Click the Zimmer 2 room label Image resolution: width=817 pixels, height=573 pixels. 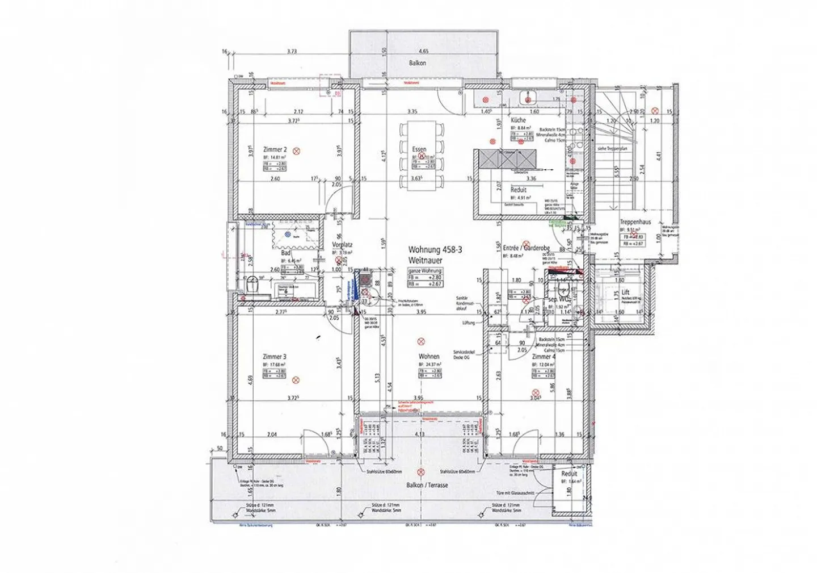tap(275, 150)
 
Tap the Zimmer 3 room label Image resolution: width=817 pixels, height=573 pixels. tap(274, 357)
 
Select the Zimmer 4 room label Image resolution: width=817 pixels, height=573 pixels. tap(543, 357)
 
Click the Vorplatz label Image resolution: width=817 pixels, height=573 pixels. tap(342, 245)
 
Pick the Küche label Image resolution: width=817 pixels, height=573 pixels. tap(517, 120)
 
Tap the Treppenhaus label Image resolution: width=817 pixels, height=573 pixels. tap(634, 223)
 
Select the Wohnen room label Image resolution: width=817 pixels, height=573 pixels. tap(429, 357)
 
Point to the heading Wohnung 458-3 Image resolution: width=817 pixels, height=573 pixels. tap(431, 249)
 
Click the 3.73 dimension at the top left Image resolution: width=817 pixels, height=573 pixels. tap(292, 51)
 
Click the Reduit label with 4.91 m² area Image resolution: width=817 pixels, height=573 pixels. tap(518, 190)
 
